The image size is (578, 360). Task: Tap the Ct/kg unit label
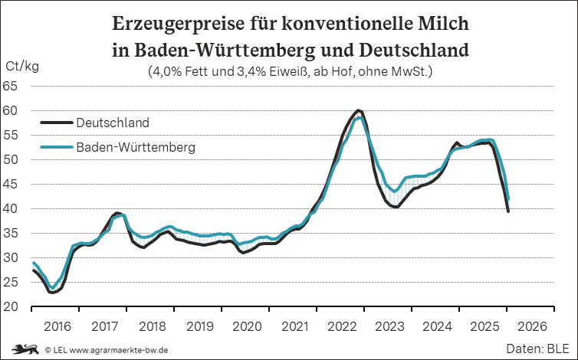22,67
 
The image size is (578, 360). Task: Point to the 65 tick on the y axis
11,86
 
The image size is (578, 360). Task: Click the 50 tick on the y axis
11,159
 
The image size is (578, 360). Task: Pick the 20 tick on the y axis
11,306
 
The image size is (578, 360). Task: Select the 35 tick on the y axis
11,233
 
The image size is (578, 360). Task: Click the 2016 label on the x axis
57,326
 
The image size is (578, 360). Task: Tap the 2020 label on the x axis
247,326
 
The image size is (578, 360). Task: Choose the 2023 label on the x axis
389,326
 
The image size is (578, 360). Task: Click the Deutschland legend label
113,122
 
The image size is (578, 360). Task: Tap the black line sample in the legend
56,122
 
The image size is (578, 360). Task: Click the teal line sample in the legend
56,146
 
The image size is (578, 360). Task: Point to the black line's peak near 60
359,110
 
